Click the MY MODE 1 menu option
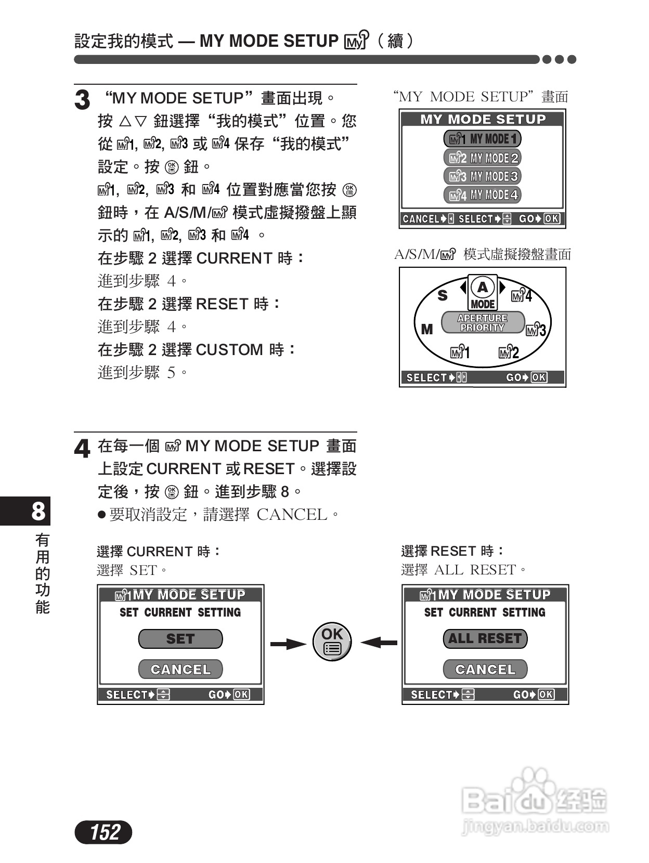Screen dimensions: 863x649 [482, 139]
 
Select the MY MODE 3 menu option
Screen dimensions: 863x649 [482, 176]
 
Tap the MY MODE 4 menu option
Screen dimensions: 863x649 [482, 195]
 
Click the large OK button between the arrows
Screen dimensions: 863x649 [332, 641]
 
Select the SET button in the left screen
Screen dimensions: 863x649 [180, 638]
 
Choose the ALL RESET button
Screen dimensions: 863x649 [485, 638]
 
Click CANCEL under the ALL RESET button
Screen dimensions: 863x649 [485, 669]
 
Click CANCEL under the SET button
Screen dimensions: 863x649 [180, 669]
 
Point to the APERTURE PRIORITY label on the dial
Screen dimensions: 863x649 [482, 322]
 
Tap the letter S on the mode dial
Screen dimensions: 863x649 [442, 296]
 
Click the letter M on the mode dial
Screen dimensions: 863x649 [426, 329]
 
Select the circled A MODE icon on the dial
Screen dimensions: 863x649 [483, 292]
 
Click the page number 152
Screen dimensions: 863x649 [104, 832]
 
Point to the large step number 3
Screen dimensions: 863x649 [82, 100]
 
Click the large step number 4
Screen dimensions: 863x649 [82, 449]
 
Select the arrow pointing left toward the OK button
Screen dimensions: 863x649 [379, 643]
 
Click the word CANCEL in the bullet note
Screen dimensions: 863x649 [292, 515]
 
